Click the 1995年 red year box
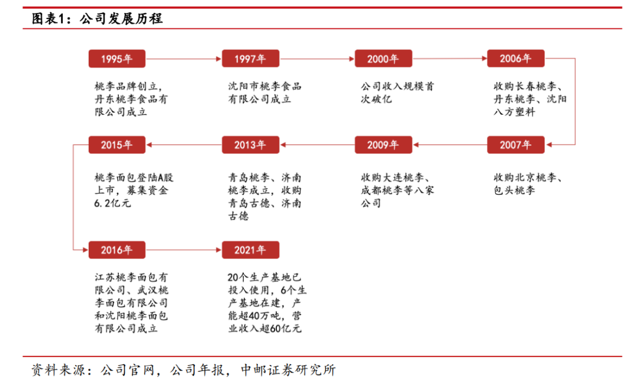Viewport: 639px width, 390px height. [117, 59]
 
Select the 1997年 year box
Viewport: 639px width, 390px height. [250, 59]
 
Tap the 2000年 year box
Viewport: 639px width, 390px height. [383, 59]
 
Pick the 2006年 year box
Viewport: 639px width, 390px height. [515, 59]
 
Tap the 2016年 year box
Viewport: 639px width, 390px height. [117, 250]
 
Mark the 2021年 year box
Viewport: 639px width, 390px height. [250, 250]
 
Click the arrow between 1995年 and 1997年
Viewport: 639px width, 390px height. [183, 59]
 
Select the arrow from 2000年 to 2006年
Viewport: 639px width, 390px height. [449, 59]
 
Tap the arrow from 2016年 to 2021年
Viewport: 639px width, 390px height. [183, 250]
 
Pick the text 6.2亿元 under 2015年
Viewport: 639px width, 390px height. [112, 203]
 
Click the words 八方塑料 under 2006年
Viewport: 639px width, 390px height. [514, 112]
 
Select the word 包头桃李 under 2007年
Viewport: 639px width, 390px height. [514, 191]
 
